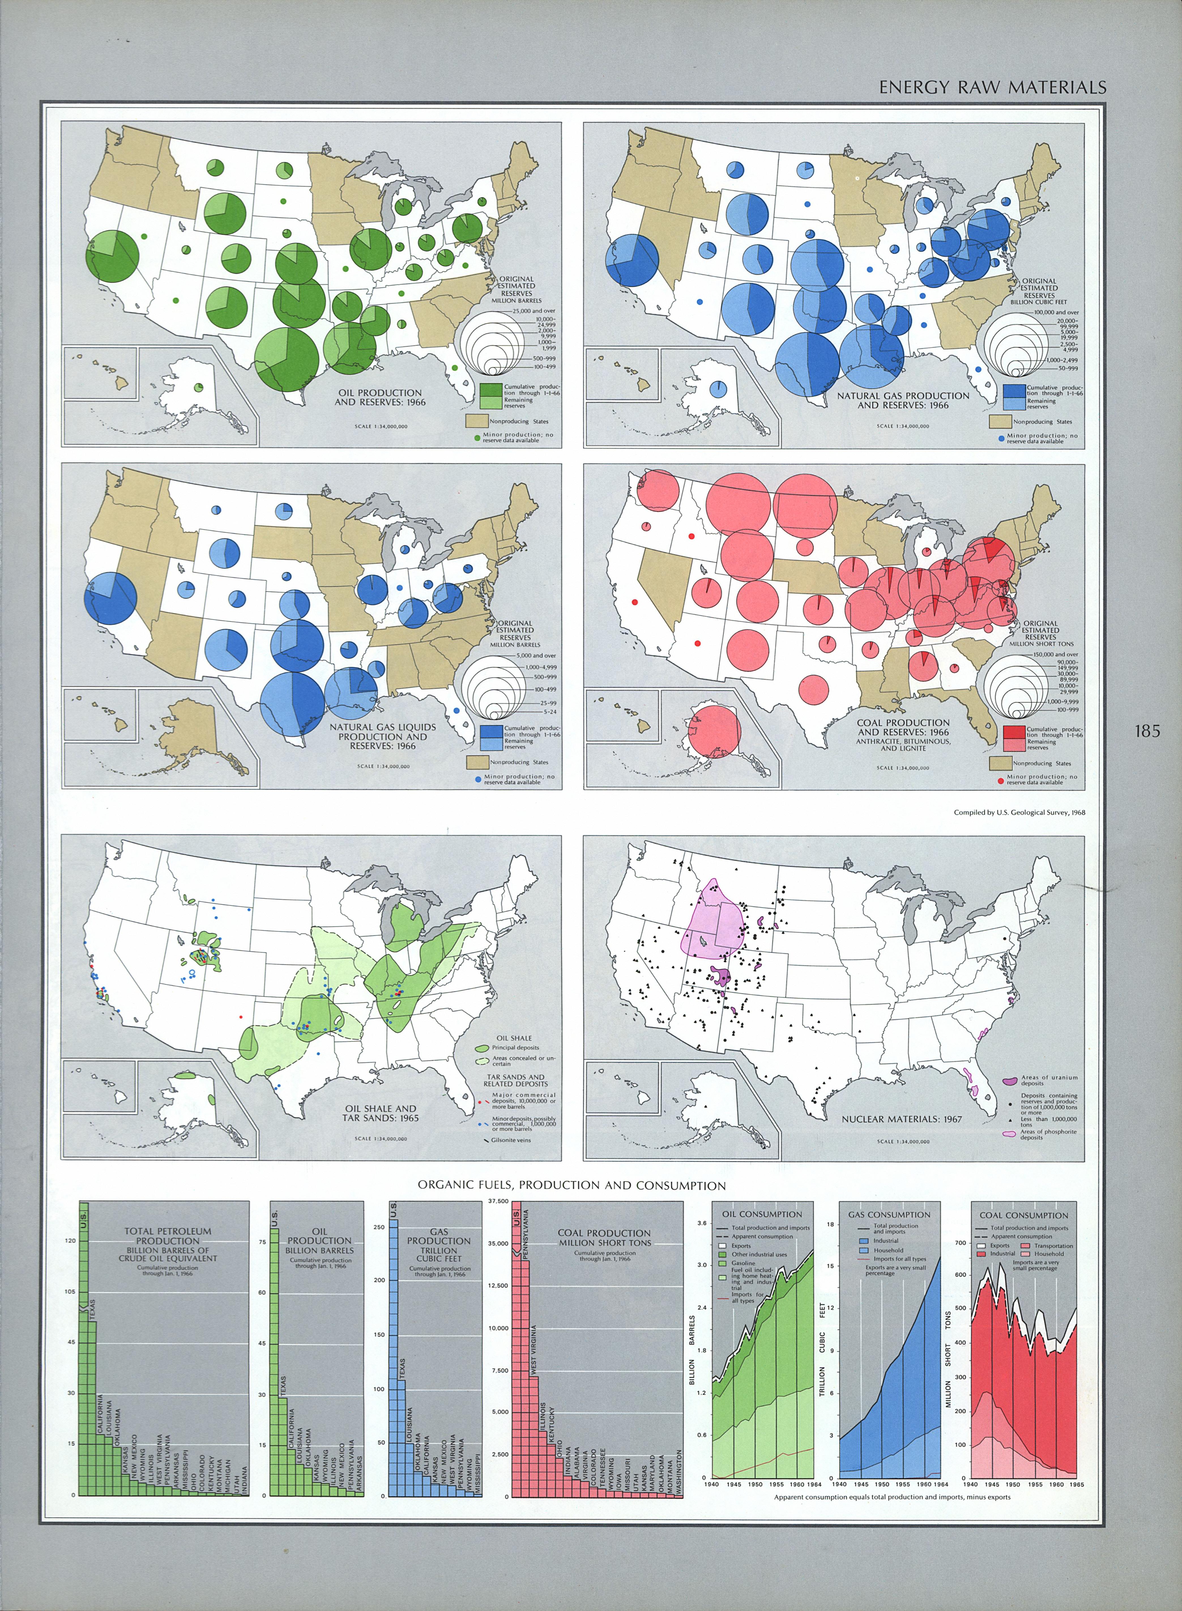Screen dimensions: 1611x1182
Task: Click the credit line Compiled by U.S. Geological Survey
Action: pyautogui.click(x=1019, y=812)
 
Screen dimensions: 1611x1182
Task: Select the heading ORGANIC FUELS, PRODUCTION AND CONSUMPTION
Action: pyautogui.click(x=572, y=1185)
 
